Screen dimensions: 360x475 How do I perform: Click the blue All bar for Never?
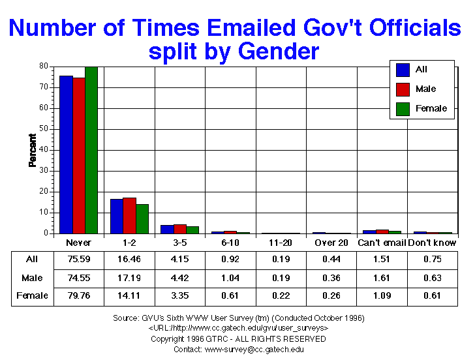click(66, 155)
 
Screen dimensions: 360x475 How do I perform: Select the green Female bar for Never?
click(91, 150)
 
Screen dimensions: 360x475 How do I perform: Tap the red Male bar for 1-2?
click(129, 215)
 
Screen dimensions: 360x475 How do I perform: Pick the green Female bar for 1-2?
click(142, 218)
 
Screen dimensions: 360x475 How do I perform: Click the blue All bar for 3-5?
click(167, 229)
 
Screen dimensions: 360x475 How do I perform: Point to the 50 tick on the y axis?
click(46, 128)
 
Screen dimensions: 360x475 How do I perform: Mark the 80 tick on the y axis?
click(46, 66)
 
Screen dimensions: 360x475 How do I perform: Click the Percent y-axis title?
click(32, 150)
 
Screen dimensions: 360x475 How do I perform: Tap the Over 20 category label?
click(331, 243)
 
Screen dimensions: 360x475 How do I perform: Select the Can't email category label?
click(381, 243)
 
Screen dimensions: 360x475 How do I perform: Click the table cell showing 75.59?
click(79, 259)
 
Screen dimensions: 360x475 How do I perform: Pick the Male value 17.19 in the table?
click(129, 277)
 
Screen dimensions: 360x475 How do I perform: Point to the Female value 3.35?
click(179, 295)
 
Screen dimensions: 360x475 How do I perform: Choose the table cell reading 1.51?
click(381, 259)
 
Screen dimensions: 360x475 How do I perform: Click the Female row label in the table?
click(32, 295)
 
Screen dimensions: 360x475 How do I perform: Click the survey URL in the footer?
click(237, 328)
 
